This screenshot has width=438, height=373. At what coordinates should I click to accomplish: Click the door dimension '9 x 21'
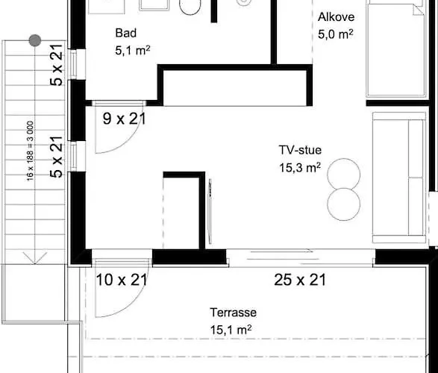(x=124, y=117)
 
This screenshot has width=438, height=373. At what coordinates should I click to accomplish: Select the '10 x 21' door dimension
(x=122, y=280)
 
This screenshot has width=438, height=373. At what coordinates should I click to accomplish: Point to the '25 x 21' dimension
(x=299, y=280)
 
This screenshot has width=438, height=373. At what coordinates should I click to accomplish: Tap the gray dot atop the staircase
(x=34, y=40)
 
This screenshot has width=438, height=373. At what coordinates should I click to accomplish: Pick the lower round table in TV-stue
(x=343, y=201)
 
